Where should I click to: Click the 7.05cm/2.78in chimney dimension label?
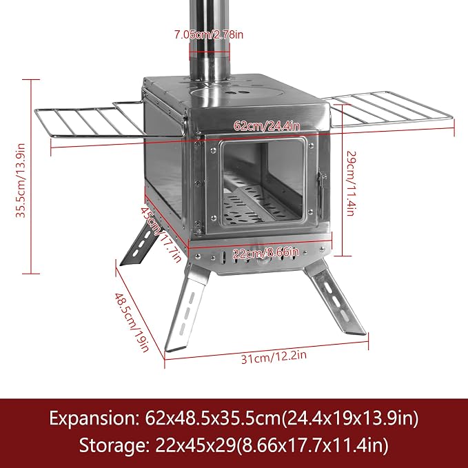(x=209, y=35)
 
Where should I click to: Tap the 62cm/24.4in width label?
(x=267, y=125)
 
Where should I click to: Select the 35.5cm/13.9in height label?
(x=21, y=181)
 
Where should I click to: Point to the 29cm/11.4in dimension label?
(x=351, y=183)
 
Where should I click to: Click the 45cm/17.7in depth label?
(x=161, y=235)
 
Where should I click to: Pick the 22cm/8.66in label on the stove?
(x=265, y=254)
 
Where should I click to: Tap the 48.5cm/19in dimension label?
(x=132, y=322)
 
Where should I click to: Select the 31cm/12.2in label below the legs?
(x=274, y=357)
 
